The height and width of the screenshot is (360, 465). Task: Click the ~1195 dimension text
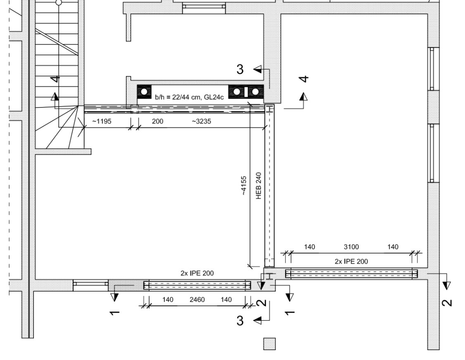[x=102, y=122]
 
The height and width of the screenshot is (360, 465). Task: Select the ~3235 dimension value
[x=201, y=122]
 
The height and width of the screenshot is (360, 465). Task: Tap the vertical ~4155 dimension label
[x=243, y=186]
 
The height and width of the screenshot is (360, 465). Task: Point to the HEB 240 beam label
[x=259, y=186]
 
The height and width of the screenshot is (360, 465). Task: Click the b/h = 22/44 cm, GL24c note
[x=190, y=97]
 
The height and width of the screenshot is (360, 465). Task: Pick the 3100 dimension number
[x=351, y=247]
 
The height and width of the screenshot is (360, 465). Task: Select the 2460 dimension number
[x=197, y=300]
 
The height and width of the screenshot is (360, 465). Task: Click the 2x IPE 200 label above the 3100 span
[x=351, y=262]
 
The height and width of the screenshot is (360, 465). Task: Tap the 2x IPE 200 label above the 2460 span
[x=197, y=273]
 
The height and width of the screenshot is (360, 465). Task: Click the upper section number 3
[x=240, y=69]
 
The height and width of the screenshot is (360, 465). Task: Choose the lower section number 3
[x=240, y=321]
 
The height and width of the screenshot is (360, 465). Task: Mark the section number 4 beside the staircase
[x=56, y=79]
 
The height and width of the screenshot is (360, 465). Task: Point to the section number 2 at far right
[x=447, y=303]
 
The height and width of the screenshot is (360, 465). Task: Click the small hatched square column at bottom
[x=270, y=344]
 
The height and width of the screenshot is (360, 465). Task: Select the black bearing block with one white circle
[x=144, y=92]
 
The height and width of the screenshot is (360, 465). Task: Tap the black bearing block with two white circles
[x=246, y=92]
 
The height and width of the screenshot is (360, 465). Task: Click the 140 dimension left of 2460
[x=168, y=300]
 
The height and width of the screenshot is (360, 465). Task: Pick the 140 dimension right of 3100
[x=393, y=247]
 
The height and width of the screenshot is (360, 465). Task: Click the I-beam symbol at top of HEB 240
[x=270, y=109]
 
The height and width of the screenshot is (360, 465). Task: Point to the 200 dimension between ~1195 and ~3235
[x=158, y=122]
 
